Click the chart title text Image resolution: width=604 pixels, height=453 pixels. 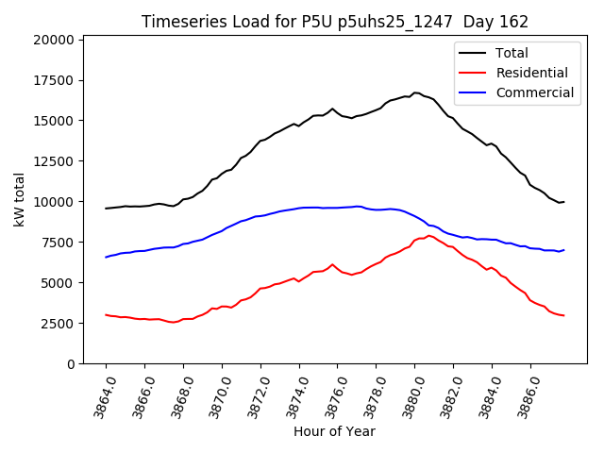click(x=335, y=21)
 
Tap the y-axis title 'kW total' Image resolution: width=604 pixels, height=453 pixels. click(x=20, y=199)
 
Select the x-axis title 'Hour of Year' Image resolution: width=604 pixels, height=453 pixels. click(x=334, y=431)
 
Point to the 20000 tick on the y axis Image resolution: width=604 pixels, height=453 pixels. click(x=52, y=40)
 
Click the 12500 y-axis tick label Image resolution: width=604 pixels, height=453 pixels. click(x=52, y=161)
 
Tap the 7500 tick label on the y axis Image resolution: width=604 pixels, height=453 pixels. click(x=56, y=243)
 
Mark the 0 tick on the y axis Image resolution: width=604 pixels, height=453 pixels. click(x=70, y=364)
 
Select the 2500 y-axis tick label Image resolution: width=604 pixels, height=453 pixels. click(x=56, y=324)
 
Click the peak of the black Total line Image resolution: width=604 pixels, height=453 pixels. click(x=415, y=92)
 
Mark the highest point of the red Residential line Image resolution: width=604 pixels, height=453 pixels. click(x=429, y=236)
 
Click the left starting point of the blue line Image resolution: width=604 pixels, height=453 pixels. click(x=106, y=257)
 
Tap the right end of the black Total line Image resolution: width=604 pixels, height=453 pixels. click(x=563, y=202)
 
